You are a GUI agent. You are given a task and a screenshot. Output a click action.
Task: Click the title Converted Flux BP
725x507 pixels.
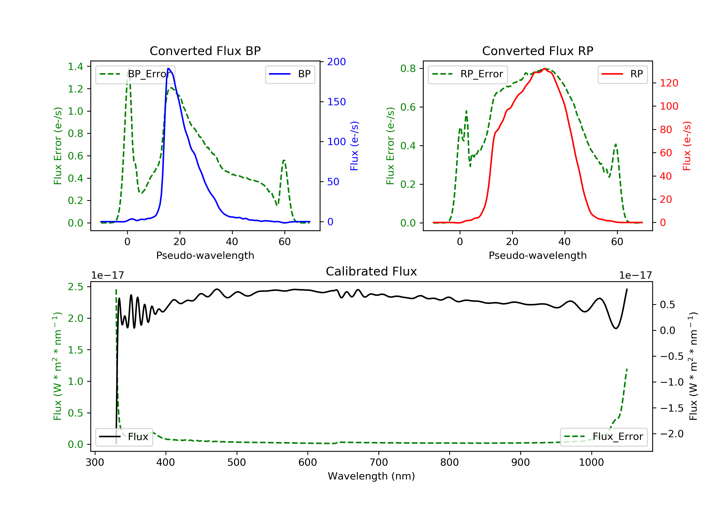(x=205, y=51)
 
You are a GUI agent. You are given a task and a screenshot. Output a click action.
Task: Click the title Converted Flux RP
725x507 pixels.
(x=537, y=51)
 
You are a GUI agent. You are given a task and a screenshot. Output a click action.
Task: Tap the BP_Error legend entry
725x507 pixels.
(x=135, y=74)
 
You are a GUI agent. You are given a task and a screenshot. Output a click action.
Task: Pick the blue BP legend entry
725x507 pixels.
(x=290, y=74)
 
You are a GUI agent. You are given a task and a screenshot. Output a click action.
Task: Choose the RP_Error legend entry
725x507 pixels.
(x=467, y=74)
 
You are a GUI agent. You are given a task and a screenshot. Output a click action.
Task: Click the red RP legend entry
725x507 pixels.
(x=622, y=74)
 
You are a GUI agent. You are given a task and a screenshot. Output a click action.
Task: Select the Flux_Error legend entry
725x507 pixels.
(x=603, y=437)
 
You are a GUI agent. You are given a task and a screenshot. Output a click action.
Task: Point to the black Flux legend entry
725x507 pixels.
(x=124, y=437)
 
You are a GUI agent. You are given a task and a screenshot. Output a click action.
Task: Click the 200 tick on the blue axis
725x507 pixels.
(x=336, y=62)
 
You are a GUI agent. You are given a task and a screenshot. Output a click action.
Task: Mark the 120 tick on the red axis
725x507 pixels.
(x=669, y=83)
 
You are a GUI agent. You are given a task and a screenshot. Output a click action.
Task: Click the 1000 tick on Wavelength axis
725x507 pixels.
(x=591, y=463)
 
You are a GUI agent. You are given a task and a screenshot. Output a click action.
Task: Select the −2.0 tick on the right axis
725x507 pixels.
(x=672, y=434)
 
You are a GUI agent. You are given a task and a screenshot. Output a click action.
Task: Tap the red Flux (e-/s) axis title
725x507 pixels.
(x=687, y=146)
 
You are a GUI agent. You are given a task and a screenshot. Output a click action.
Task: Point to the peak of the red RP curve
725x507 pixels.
(x=544, y=69)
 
